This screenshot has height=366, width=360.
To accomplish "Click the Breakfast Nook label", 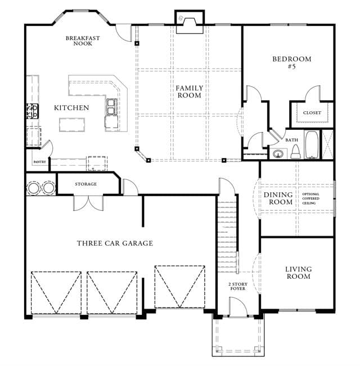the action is [x=83, y=40].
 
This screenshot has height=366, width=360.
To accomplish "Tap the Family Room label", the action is [x=190, y=92].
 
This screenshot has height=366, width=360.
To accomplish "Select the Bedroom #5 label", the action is [x=292, y=62].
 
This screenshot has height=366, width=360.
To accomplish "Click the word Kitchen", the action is [x=71, y=108].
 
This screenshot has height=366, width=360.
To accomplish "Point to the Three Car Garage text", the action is [x=115, y=243].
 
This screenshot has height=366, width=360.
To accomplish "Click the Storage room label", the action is [x=85, y=184].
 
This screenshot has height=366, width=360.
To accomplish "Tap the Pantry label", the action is [x=40, y=162].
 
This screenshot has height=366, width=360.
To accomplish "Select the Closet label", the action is [x=312, y=113].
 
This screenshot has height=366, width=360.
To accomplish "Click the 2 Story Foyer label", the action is [x=238, y=286].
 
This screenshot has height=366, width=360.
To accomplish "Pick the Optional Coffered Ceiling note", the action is [x=310, y=198].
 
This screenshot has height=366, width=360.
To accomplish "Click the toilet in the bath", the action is [x=295, y=152].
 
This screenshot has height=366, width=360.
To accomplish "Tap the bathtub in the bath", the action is [x=312, y=144].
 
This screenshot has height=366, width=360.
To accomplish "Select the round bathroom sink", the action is [x=278, y=154].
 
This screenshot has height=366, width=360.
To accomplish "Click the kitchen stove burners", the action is [x=32, y=111].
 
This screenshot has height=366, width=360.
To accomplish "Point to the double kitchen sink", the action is [x=111, y=107].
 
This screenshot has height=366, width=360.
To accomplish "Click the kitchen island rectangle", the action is [x=72, y=125].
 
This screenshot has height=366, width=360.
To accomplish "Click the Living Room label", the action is [x=298, y=273].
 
